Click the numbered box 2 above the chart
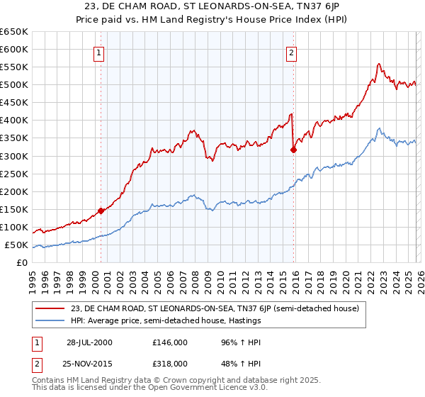[291, 52]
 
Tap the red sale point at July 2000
[101, 211]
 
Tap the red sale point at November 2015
[293, 150]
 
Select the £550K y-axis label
[14, 67]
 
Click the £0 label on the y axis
[22, 263]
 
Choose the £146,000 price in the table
[170, 342]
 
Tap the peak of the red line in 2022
[379, 64]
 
